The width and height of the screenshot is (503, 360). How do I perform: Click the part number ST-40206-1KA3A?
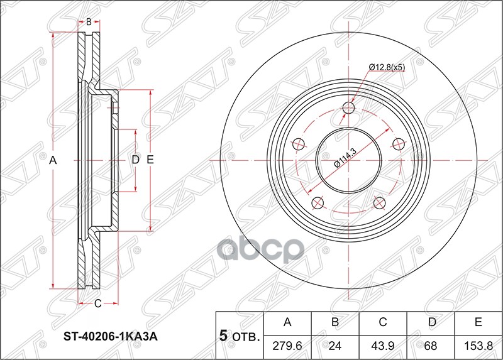tap(111, 337)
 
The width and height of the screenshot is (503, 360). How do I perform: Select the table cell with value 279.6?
tap(287, 346)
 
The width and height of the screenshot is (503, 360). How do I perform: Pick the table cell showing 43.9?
tap(383, 346)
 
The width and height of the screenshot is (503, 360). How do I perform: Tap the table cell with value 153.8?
tap(478, 346)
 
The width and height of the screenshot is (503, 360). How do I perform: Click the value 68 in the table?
tap(431, 346)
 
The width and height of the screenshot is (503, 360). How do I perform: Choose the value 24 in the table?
tap(335, 346)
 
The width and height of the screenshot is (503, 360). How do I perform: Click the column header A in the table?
tap(287, 322)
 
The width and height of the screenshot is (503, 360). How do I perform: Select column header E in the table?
tap(478, 322)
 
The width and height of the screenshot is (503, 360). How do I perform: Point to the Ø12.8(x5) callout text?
tap(387, 67)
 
